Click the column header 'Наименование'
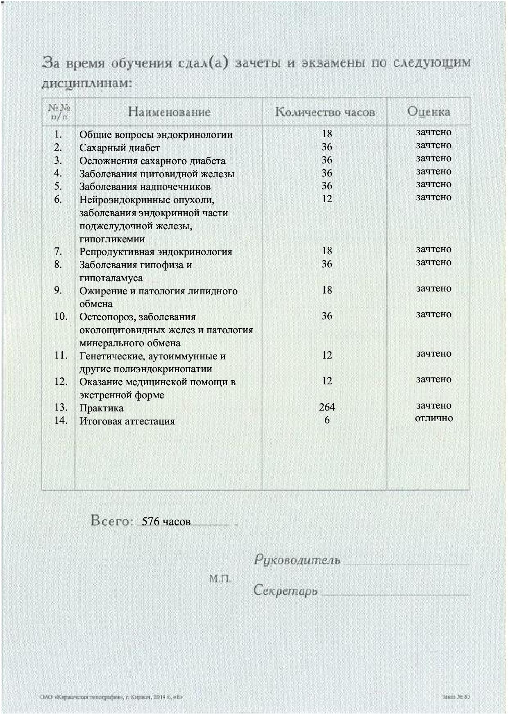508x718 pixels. pos(169,112)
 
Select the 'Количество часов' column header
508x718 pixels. pos(325,112)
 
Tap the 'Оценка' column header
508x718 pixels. pos(429,111)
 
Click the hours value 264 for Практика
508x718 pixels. pos(327,407)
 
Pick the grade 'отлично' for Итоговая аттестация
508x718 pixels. pos(434,418)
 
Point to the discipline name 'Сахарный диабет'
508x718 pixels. pos(120,148)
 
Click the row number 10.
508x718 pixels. pos(61,316)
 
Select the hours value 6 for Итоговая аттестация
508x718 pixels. pos(327,420)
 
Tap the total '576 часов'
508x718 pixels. pos(166,522)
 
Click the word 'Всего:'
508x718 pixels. pos(112,521)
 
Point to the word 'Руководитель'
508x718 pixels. pos(297,560)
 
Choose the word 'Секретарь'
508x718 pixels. pos(286,591)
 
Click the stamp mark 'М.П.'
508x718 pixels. pos(220,579)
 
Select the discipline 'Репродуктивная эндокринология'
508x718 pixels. pos(156,252)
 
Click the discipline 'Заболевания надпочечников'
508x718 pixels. pos(145,187)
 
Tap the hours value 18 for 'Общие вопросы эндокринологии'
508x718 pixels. pos(327,134)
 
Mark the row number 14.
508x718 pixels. pos(61,420)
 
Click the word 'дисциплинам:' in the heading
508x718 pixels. pos(87,84)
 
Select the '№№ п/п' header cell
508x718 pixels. pos(59,112)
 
